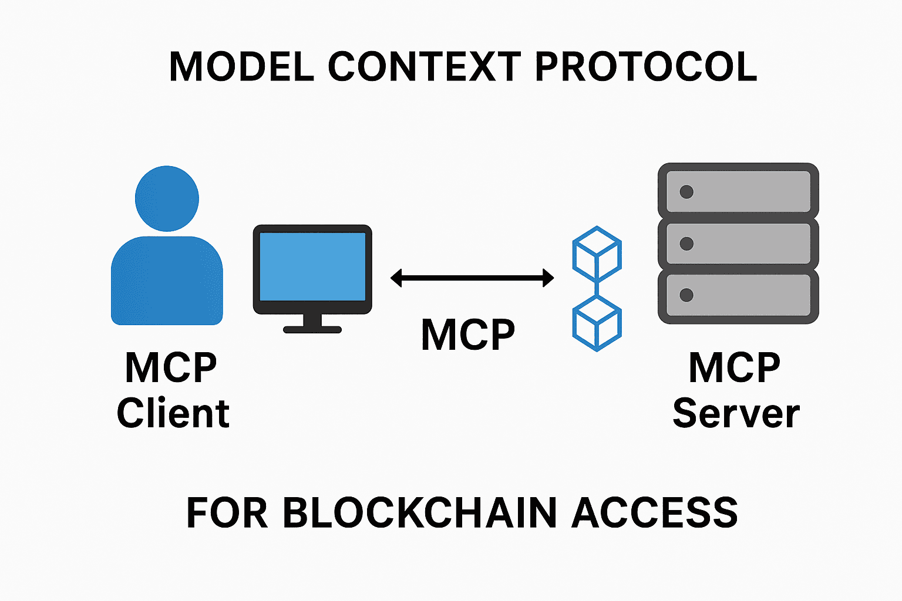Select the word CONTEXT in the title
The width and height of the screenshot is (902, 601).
424,66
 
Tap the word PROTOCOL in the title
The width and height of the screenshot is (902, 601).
646,66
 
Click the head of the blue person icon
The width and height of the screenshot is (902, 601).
167,198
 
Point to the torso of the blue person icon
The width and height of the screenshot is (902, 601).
167,281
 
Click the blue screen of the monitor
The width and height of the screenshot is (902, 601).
312,266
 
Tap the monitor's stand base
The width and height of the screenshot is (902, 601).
312,329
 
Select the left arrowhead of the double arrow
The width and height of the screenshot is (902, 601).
397,278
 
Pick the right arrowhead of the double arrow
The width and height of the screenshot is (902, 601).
547,278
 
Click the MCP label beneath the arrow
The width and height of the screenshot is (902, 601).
468,335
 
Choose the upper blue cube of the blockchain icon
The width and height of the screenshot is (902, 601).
597,254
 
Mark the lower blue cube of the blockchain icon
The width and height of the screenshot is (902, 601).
597,323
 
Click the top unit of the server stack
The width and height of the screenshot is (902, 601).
738,191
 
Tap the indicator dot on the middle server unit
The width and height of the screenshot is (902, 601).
686,243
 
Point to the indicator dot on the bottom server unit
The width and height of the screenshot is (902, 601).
686,295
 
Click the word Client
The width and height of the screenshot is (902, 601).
173,414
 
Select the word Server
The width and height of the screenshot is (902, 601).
736,414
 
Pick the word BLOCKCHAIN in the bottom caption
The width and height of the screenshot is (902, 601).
419,512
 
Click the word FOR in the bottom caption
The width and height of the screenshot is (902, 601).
227,512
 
